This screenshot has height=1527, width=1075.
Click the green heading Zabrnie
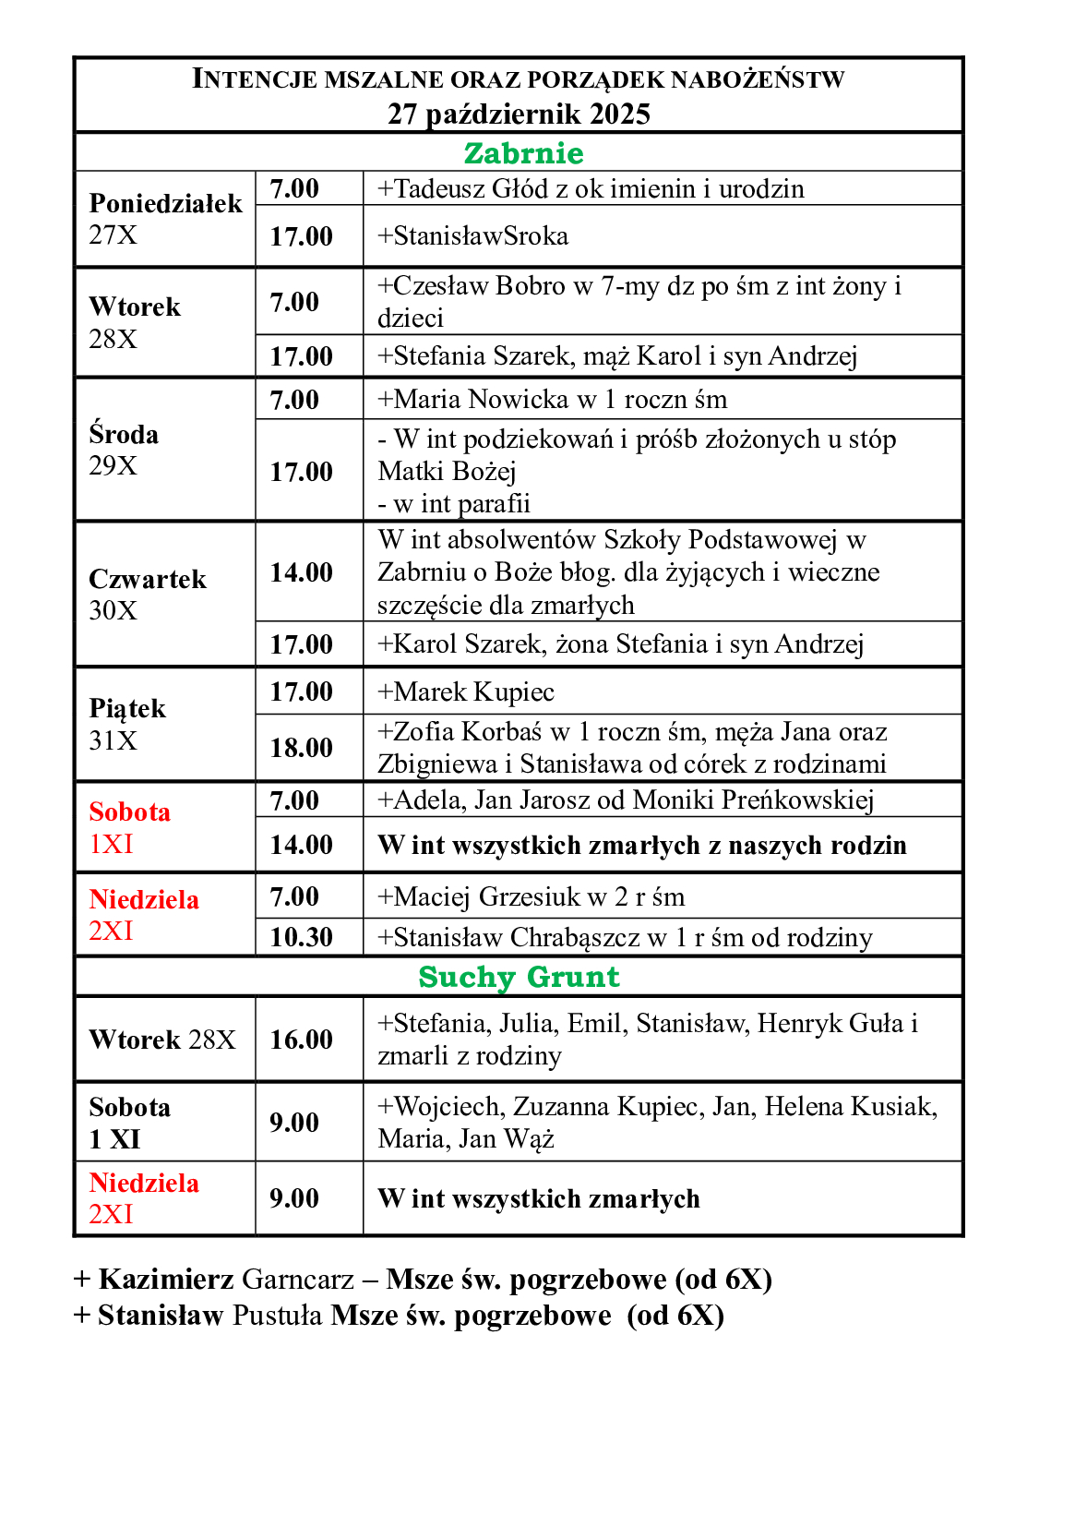click(523, 153)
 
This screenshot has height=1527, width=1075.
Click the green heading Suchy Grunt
click(519, 977)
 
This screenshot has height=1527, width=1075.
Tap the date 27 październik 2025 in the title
click(519, 114)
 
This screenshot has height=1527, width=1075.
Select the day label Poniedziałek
click(165, 203)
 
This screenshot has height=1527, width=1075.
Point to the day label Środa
click(124, 434)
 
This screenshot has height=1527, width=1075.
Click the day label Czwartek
click(148, 579)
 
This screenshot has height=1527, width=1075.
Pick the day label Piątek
click(127, 708)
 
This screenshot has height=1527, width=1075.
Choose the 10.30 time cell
click(301, 937)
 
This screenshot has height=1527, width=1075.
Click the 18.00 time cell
click(301, 747)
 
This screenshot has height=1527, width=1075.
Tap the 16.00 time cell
click(301, 1040)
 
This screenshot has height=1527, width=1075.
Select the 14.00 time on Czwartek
click(301, 572)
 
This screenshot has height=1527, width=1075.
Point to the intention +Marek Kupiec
click(466, 692)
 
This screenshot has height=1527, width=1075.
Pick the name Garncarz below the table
click(298, 1280)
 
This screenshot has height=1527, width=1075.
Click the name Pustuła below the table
click(278, 1316)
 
